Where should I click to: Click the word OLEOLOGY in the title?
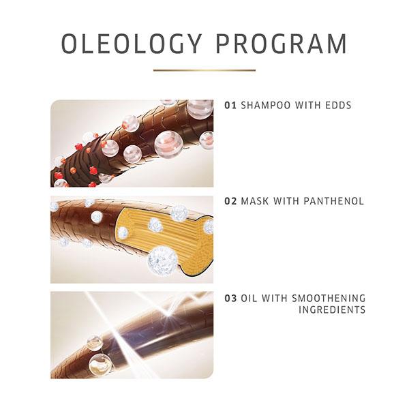[x=131, y=44]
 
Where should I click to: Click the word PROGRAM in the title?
[x=282, y=44]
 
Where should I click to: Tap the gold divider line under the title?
[x=204, y=70]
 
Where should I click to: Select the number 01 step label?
[x=230, y=106]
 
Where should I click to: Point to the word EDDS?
[x=338, y=106]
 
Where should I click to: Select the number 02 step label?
[x=230, y=201]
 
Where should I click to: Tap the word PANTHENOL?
[x=333, y=201]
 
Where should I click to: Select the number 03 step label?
[x=230, y=298]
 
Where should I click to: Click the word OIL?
[x=247, y=298]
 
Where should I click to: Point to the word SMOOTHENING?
[x=329, y=298]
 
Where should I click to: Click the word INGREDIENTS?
[x=332, y=309]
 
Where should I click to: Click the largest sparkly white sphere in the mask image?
[x=163, y=261]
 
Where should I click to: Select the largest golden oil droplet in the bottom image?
[x=100, y=365]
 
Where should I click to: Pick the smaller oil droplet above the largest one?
[x=95, y=342]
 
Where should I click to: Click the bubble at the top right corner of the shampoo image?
[x=200, y=108]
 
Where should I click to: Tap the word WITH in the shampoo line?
[x=307, y=106]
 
